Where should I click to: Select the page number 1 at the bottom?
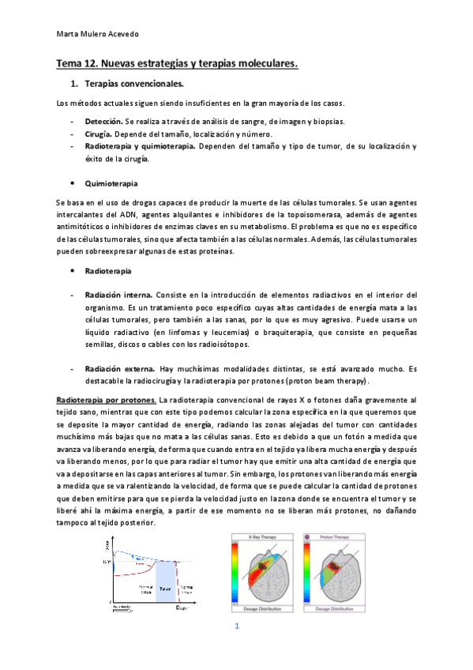[235, 627]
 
